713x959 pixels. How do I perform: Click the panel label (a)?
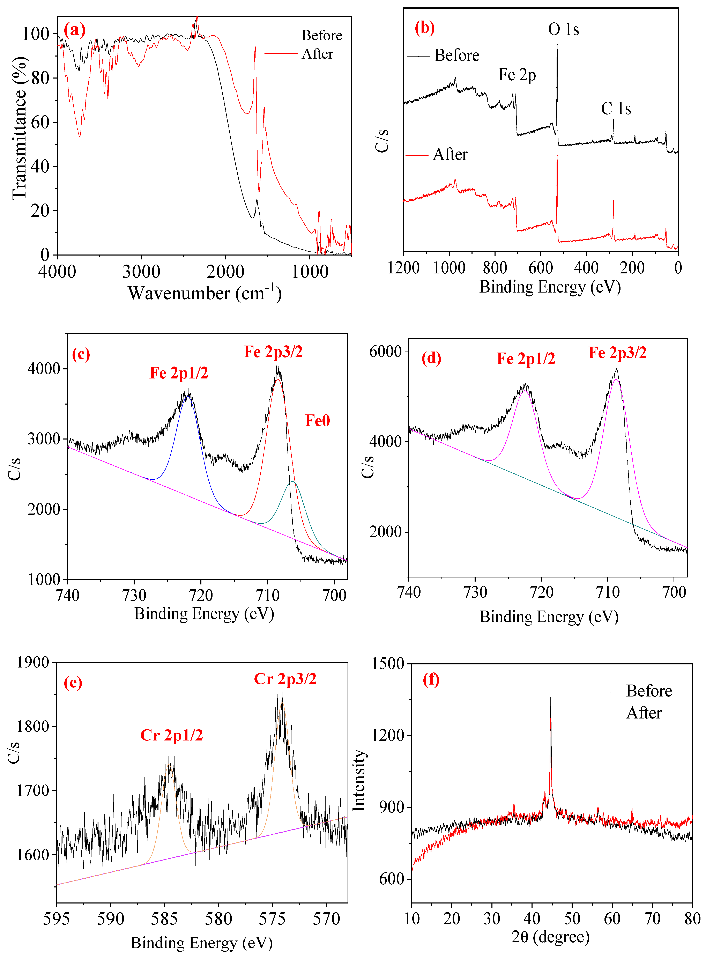point(74,30)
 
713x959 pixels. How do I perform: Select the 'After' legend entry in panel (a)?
point(317,54)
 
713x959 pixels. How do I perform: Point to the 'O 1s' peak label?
point(563,29)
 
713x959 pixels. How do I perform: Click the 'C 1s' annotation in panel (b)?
point(616,109)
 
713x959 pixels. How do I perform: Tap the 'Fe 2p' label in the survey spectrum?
point(517,75)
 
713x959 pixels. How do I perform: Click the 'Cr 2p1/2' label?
point(171,735)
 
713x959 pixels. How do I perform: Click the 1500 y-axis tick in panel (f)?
point(388,664)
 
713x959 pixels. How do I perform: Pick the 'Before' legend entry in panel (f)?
point(649,691)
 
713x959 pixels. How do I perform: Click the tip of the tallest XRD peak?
point(550,697)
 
